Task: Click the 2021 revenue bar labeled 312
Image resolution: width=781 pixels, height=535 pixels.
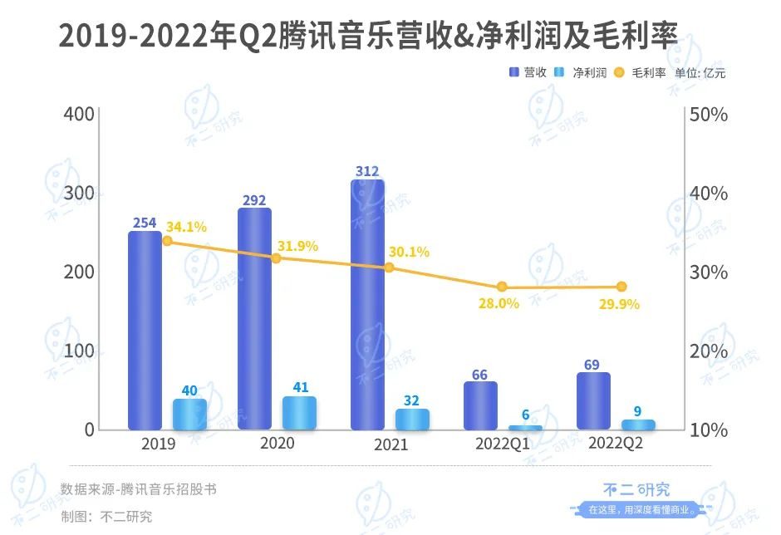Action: tap(367, 304)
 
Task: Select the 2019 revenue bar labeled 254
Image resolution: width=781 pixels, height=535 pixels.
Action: tap(145, 330)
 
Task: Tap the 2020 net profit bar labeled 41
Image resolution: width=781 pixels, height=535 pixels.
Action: tap(299, 413)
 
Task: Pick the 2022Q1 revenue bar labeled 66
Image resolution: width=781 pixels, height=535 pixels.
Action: tap(480, 405)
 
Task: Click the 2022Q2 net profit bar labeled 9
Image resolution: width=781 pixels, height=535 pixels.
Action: tap(638, 425)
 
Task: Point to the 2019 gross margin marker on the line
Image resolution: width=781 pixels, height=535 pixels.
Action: tap(167, 241)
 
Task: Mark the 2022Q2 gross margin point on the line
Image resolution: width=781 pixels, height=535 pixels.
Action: tap(621, 287)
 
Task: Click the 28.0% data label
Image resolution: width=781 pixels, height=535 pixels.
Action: tap(499, 304)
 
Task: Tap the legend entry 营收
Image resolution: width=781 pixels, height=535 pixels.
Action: tap(528, 73)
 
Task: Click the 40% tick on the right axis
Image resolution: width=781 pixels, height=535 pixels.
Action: tap(709, 193)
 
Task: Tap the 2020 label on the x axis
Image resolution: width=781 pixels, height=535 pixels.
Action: tap(278, 444)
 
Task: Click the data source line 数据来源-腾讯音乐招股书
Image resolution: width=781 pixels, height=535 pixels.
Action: tap(139, 489)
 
